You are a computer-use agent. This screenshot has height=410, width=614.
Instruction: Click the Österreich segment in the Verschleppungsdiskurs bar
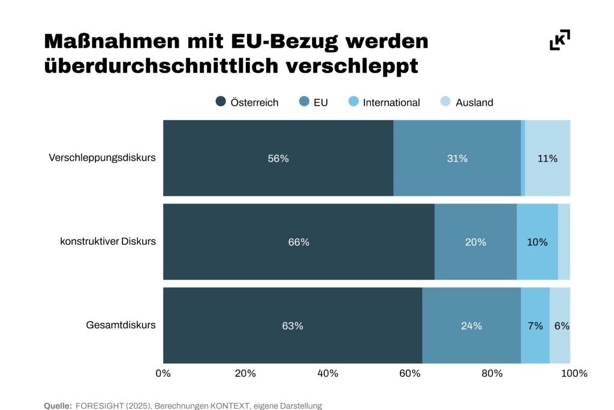[x=278, y=158]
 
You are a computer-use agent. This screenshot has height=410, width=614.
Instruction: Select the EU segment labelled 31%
[x=457, y=158]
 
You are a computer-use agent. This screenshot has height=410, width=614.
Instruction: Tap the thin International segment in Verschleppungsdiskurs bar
[x=523, y=158]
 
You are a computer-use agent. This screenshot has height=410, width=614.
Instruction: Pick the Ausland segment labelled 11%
[x=547, y=158]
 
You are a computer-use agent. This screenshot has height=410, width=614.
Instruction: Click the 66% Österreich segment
[x=299, y=241]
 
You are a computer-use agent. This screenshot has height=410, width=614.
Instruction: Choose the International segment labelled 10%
[x=537, y=241]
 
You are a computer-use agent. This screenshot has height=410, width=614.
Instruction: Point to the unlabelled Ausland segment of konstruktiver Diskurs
[x=564, y=241]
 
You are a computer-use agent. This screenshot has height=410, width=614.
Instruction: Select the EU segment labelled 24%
[x=471, y=325]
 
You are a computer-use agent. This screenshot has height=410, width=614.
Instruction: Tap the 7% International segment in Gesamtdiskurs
[x=535, y=325]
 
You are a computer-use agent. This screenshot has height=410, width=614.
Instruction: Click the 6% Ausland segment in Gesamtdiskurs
[x=560, y=325]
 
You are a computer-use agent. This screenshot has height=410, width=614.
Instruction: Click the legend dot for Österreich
[x=221, y=102]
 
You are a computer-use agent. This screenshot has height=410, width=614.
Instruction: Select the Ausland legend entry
[x=474, y=103]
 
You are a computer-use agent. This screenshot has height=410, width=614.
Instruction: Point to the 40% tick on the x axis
[x=327, y=373]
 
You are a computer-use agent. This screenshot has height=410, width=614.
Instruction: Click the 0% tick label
[x=163, y=373]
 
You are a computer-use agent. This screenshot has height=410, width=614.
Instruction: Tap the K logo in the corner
[x=559, y=40]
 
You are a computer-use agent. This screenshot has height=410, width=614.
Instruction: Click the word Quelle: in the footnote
[x=58, y=406]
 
